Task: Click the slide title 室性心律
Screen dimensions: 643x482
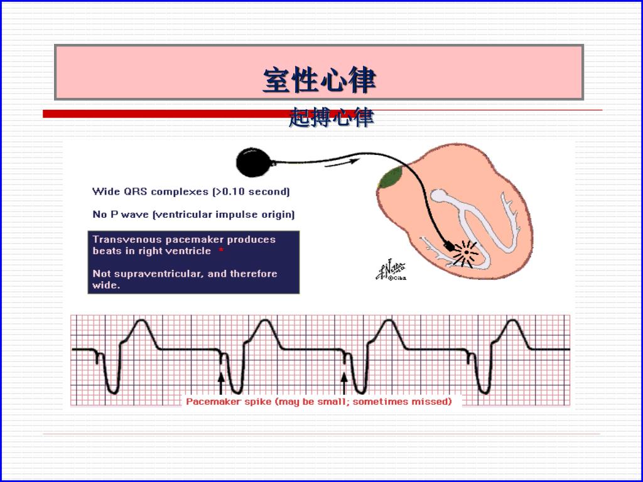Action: (319, 80)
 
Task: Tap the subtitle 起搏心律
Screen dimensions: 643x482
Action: (331, 117)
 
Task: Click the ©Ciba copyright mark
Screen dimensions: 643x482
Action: (396, 278)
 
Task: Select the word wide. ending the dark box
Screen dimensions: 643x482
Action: (106, 285)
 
